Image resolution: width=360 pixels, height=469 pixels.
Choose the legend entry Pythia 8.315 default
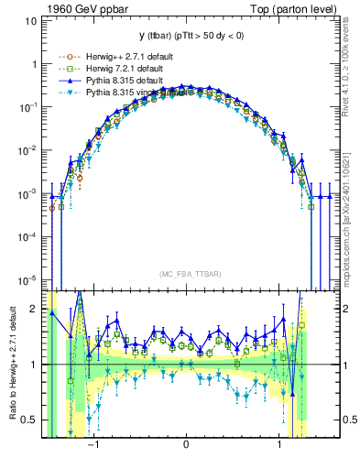[x=103, y=80]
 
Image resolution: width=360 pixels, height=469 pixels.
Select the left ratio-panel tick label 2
[x=34, y=309]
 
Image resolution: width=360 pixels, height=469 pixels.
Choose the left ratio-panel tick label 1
[x=34, y=365]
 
